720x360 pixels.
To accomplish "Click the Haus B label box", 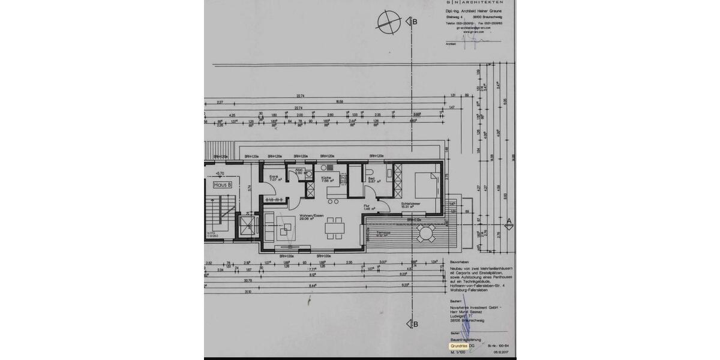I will tap(223, 185).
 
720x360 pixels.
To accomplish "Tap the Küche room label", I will tap(326, 178).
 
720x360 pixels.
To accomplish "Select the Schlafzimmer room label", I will tap(410, 204).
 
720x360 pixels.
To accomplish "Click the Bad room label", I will tap(372, 179).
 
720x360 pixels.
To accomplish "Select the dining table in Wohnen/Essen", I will tap(334, 228).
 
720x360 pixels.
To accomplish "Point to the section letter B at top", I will tap(415, 22).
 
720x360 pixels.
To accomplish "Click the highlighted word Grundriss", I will tap(458, 346).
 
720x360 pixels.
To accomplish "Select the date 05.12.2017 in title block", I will tap(501, 353).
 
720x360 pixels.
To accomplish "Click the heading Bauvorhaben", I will tap(461, 262).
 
